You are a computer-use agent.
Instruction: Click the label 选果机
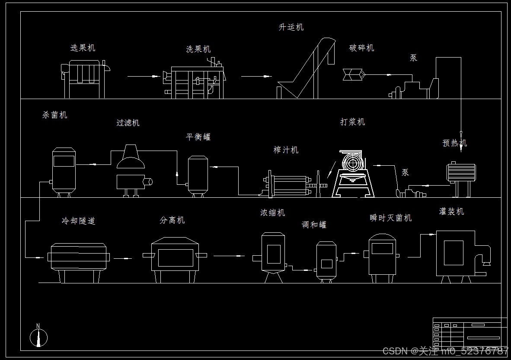(83, 48)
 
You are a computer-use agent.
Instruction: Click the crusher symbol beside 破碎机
(353, 74)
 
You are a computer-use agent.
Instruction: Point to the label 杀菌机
(55, 115)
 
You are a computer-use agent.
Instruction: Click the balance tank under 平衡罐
(198, 175)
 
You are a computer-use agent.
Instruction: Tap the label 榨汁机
(286, 150)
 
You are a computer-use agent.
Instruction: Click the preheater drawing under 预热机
(461, 175)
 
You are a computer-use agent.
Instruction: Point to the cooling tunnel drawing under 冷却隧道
(78, 260)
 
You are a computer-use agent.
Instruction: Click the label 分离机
(172, 220)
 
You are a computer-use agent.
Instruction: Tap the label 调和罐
(314, 225)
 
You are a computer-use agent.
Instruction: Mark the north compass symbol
(38, 336)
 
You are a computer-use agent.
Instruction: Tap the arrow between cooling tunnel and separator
(123, 259)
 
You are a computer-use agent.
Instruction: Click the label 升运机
(291, 27)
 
